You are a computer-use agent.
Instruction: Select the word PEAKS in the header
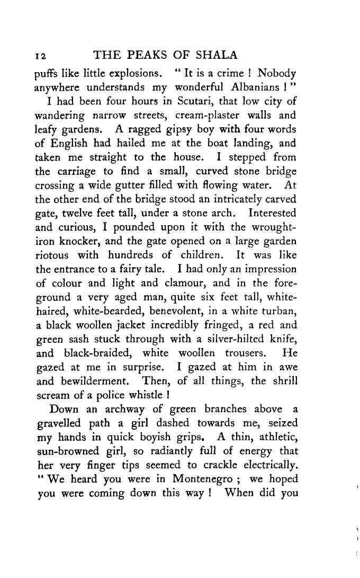coord(155,56)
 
